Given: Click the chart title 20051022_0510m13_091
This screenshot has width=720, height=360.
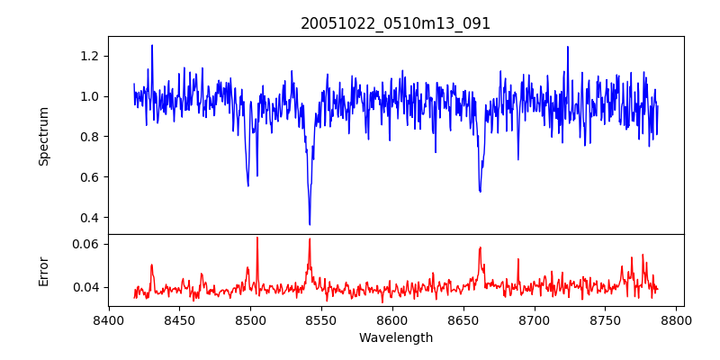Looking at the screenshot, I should point(396,23).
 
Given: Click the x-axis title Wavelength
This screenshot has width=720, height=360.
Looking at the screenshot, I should point(396,337).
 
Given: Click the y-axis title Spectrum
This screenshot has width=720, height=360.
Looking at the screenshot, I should point(44,136).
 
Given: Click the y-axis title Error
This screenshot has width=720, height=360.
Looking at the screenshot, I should point(44,270).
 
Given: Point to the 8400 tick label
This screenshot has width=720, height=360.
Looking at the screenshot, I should point(108,319).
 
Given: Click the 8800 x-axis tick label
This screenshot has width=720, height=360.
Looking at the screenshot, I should point(677,319).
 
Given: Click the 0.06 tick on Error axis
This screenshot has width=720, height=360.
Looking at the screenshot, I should point(86,244).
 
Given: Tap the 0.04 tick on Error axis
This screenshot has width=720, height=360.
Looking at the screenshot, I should point(86,287).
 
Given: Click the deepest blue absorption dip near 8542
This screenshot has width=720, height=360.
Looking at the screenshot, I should point(310,224).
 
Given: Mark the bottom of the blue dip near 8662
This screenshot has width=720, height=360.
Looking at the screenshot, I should point(480,191).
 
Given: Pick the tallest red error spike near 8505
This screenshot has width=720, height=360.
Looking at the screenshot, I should point(256,238).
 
